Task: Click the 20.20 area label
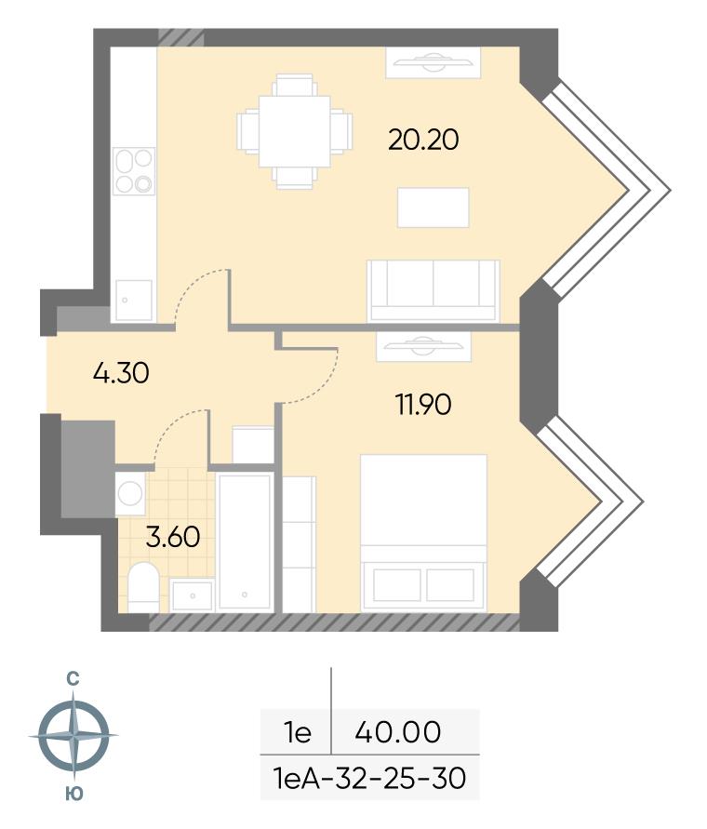pos(423,140)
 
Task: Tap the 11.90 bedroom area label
pos(423,405)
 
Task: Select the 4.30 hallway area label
pos(121,373)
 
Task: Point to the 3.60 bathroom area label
pos(173,537)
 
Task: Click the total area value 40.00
pos(398,732)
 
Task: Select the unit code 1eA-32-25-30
pos(369,778)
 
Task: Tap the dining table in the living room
pos(295,131)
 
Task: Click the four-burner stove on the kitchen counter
pos(134,171)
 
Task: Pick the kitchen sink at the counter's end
pos(134,300)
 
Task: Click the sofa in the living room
pos(434,291)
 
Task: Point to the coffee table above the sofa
pos(434,207)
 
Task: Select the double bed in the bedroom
pos(423,533)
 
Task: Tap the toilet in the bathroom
pos(143,587)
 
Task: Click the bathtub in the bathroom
pos(245,542)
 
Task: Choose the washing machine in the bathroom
pos(130,494)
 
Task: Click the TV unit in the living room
pos(434,62)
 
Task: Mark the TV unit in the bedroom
pos(423,347)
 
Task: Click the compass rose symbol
pos(73,735)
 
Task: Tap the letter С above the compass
pos(73,679)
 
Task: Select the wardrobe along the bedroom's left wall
pos(300,544)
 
